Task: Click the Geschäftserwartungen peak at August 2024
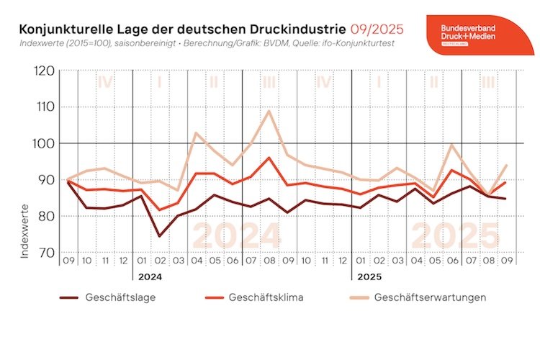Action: pos(269,111)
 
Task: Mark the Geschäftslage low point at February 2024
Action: pos(159,235)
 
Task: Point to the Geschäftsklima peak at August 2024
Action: pos(269,158)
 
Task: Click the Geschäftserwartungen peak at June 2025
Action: pos(451,145)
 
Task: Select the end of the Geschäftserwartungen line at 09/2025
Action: pos(506,165)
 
